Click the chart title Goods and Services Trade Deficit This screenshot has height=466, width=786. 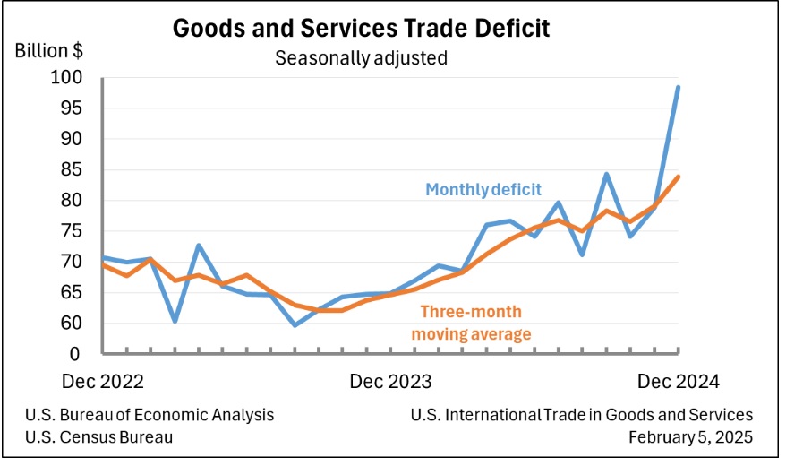click(x=361, y=28)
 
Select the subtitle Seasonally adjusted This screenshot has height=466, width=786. click(x=361, y=58)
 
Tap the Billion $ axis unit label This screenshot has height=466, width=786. click(x=49, y=51)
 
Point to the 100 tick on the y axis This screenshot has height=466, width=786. click(x=66, y=77)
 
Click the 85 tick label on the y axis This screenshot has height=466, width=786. click(x=71, y=169)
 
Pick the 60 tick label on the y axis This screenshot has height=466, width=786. click(x=71, y=323)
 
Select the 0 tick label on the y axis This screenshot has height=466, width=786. click(x=74, y=354)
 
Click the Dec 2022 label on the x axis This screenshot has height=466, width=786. click(x=103, y=382)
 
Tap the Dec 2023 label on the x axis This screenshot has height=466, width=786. click(x=390, y=382)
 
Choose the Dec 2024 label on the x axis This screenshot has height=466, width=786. click(x=679, y=382)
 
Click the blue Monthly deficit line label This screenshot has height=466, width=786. click(x=483, y=190)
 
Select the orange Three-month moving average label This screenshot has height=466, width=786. click(x=471, y=323)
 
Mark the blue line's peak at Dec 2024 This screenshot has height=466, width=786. click(x=679, y=87)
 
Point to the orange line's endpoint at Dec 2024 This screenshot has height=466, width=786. click(x=679, y=176)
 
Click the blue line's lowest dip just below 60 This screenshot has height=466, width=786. click(x=295, y=325)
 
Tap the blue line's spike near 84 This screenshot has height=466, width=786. click(x=607, y=174)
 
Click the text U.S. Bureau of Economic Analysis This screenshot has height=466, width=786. click(x=150, y=415)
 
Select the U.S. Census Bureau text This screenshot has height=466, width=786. click(x=98, y=437)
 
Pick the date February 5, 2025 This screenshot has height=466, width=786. click(x=691, y=437)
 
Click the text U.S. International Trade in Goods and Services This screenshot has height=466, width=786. click(x=582, y=415)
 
